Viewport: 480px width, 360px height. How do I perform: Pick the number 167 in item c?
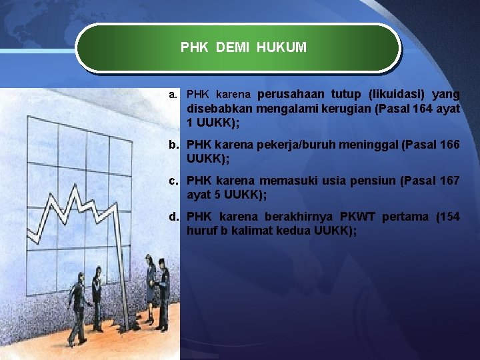446,181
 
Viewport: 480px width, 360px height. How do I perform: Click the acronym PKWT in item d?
360,217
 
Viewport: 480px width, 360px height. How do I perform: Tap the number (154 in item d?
447,217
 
